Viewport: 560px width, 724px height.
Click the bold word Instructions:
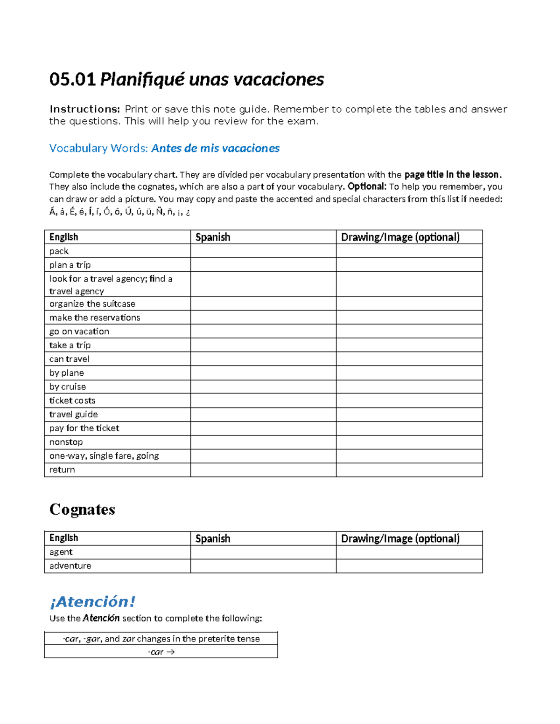pyautogui.click(x=85, y=109)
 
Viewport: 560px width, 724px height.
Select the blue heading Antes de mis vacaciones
pyautogui.click(x=215, y=148)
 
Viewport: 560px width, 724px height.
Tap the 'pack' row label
pyautogui.click(x=59, y=251)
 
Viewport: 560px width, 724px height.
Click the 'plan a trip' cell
pyautogui.click(x=70, y=265)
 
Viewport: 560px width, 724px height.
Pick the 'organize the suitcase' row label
pyautogui.click(x=92, y=304)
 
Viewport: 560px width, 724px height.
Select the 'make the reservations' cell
pyautogui.click(x=95, y=317)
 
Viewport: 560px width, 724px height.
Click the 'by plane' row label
pyautogui.click(x=67, y=373)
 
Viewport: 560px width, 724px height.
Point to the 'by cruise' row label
pyautogui.click(x=68, y=386)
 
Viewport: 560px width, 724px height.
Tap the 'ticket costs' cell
pyautogui.click(x=72, y=400)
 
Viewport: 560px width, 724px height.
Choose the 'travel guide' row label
pyautogui.click(x=74, y=414)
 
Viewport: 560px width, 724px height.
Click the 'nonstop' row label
pyautogui.click(x=66, y=442)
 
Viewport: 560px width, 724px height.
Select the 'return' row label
pyautogui.click(x=62, y=470)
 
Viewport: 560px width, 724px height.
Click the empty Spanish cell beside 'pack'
pyautogui.click(x=263, y=251)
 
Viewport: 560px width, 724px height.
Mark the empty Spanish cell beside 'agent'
pyautogui.click(x=263, y=552)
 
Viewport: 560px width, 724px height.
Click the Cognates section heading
pyautogui.click(x=82, y=509)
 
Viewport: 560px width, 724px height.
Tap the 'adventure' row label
pyautogui.click(x=70, y=566)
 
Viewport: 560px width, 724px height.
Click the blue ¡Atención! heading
pyautogui.click(x=92, y=601)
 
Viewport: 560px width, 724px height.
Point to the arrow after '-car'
pyautogui.click(x=170, y=652)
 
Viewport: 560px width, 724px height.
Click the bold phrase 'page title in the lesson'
pyautogui.click(x=451, y=175)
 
